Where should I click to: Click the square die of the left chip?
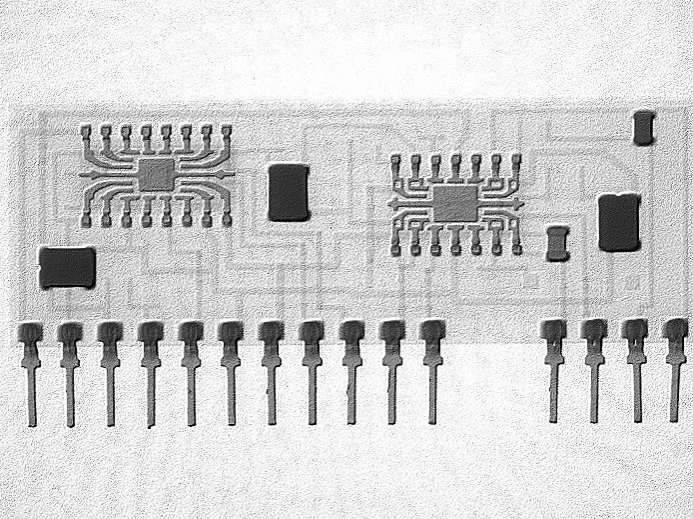point(155,174)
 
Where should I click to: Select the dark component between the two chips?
point(289,192)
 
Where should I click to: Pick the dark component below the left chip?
point(67,267)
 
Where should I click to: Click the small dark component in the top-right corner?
point(644,127)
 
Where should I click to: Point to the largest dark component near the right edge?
point(619,222)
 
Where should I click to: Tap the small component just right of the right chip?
point(557,243)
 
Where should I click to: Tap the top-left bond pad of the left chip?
point(86,131)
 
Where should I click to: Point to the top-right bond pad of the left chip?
point(226,131)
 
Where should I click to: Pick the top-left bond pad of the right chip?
point(396,161)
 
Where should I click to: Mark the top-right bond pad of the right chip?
point(515,160)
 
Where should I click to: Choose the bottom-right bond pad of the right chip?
point(516,246)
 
